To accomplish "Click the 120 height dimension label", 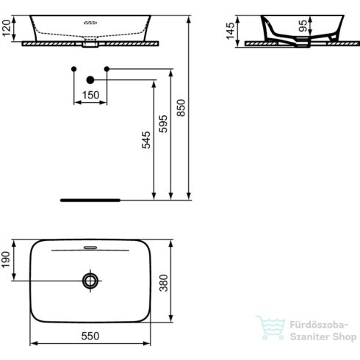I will click(x=7, y=29).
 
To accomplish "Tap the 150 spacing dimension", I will click(x=90, y=95).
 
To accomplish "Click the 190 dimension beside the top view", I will click(x=7, y=259).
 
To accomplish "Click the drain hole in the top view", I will click(x=90, y=280).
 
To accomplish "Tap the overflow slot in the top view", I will click(x=90, y=248).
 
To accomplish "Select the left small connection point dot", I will click(x=73, y=69).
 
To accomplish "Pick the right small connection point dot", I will click(x=107, y=69).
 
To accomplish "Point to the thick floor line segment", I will click(x=90, y=198).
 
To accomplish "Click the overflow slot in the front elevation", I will click(x=90, y=24).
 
